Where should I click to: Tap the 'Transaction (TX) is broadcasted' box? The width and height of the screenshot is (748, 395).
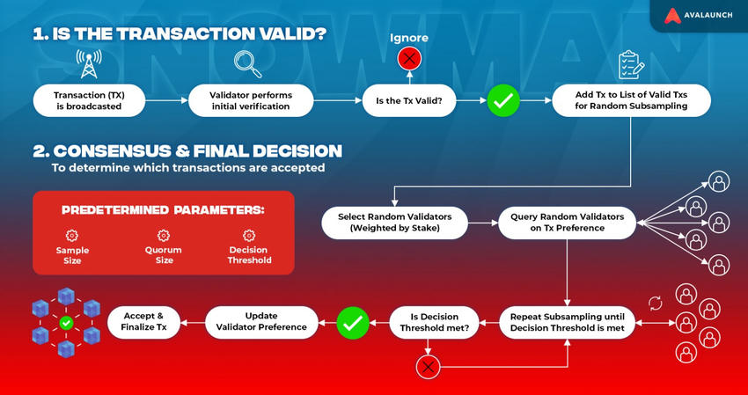(x=87, y=101)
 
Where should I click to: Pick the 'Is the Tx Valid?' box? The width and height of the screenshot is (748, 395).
(x=408, y=101)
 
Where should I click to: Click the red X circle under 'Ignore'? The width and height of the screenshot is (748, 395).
(x=408, y=59)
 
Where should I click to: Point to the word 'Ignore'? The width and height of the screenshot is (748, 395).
(x=408, y=38)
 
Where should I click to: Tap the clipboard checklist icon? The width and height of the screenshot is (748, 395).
(x=629, y=64)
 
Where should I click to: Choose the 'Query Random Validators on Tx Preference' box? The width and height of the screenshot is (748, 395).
(x=567, y=223)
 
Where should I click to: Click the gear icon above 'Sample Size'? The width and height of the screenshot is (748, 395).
(x=72, y=235)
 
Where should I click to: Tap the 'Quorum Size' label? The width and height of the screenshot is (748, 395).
(x=163, y=255)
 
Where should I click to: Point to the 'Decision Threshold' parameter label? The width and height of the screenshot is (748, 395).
(x=249, y=255)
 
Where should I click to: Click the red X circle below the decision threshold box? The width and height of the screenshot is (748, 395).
(x=428, y=365)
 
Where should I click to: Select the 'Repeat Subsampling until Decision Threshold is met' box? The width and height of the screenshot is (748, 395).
(x=567, y=324)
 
